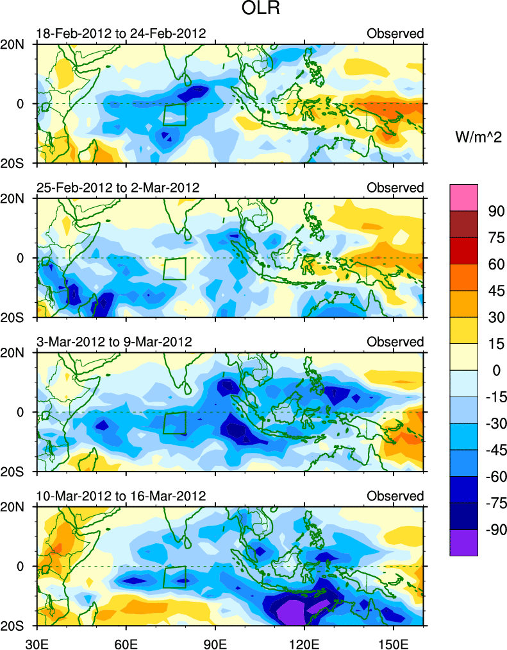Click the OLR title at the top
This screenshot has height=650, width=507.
tap(253, 10)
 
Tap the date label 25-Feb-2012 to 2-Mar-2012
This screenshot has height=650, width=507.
tap(119, 187)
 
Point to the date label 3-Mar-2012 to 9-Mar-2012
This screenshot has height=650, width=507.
tap(115, 341)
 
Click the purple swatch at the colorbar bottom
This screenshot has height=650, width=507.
tap(464, 542)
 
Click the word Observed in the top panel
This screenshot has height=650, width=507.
tap(395, 33)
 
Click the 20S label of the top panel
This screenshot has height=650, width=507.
tap(17, 163)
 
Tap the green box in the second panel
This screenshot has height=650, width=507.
tap(174, 269)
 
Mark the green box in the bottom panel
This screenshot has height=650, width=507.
tap(174, 577)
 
